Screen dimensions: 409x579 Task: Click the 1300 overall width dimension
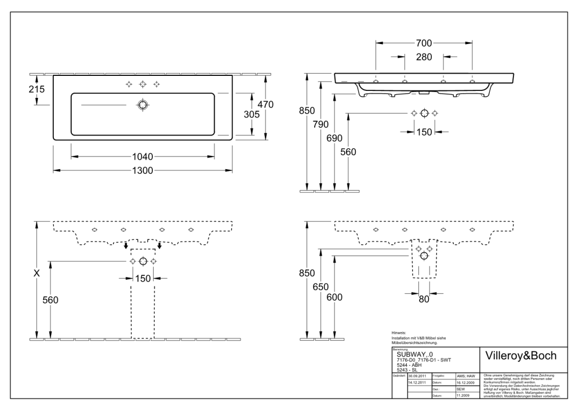click(x=143, y=170)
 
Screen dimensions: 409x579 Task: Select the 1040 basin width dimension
click(x=143, y=156)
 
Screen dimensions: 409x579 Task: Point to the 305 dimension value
click(x=251, y=115)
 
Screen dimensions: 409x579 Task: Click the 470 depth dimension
click(x=265, y=104)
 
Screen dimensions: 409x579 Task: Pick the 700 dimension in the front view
click(x=424, y=43)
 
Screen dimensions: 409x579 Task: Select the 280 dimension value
click(x=424, y=57)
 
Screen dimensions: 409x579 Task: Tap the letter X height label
click(x=37, y=272)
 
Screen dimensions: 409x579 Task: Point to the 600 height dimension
click(x=335, y=297)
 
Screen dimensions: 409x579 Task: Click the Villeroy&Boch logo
click(x=520, y=355)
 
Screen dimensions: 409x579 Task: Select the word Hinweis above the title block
click(x=399, y=333)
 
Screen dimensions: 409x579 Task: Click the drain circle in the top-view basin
click(x=143, y=105)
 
